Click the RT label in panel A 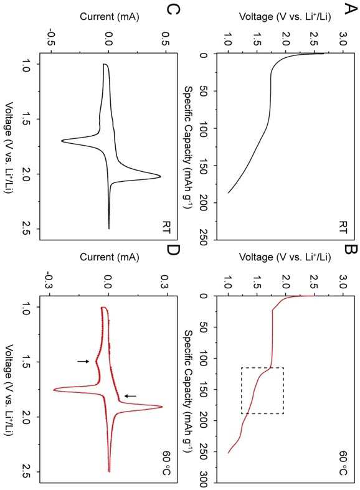click(x=343, y=227)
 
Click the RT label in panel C click(x=166, y=227)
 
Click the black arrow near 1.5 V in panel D click(x=83, y=361)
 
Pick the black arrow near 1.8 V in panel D click(x=130, y=396)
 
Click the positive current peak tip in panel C click(x=160, y=177)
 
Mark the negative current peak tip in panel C click(x=61, y=141)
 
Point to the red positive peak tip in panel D click(x=162, y=407)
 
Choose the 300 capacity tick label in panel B click(x=203, y=481)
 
